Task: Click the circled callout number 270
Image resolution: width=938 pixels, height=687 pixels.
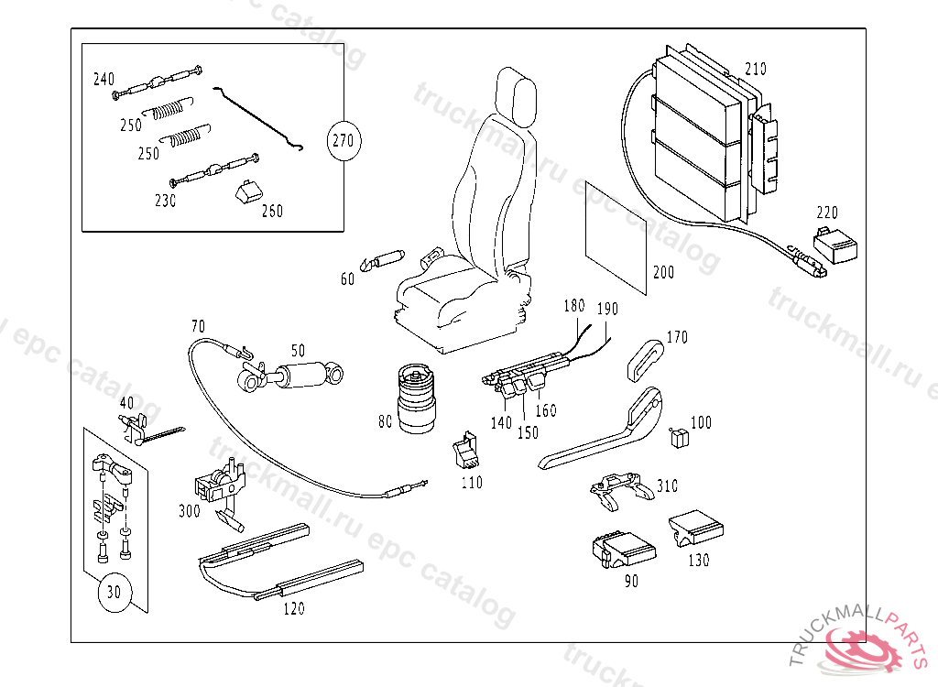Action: coord(344,141)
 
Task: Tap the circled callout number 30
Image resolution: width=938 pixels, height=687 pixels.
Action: coord(114,593)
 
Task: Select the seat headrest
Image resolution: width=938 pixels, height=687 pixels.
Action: coord(517,96)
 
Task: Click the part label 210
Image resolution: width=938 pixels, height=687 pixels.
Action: coord(756,69)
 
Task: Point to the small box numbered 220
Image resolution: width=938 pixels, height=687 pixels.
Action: coord(835,245)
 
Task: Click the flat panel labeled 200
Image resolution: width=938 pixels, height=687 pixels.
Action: coord(616,238)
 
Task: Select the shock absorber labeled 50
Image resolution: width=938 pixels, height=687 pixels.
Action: coord(291,376)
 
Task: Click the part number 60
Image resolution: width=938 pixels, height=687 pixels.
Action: coord(347,278)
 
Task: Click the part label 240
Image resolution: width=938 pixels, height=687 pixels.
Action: coord(104,79)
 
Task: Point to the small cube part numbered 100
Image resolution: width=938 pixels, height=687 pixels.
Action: coord(679,438)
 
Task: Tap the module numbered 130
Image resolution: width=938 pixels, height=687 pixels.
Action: coord(695,528)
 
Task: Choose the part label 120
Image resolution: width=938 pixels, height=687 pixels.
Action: coord(293,609)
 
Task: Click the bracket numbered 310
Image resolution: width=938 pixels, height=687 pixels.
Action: coord(620,489)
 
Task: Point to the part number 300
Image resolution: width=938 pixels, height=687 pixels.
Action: coord(189,510)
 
